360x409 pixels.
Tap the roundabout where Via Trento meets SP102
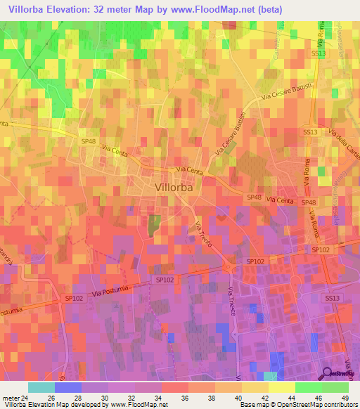(229, 266)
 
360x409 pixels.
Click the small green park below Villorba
(154, 225)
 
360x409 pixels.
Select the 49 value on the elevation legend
(344, 396)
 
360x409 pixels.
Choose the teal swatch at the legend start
(41, 387)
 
